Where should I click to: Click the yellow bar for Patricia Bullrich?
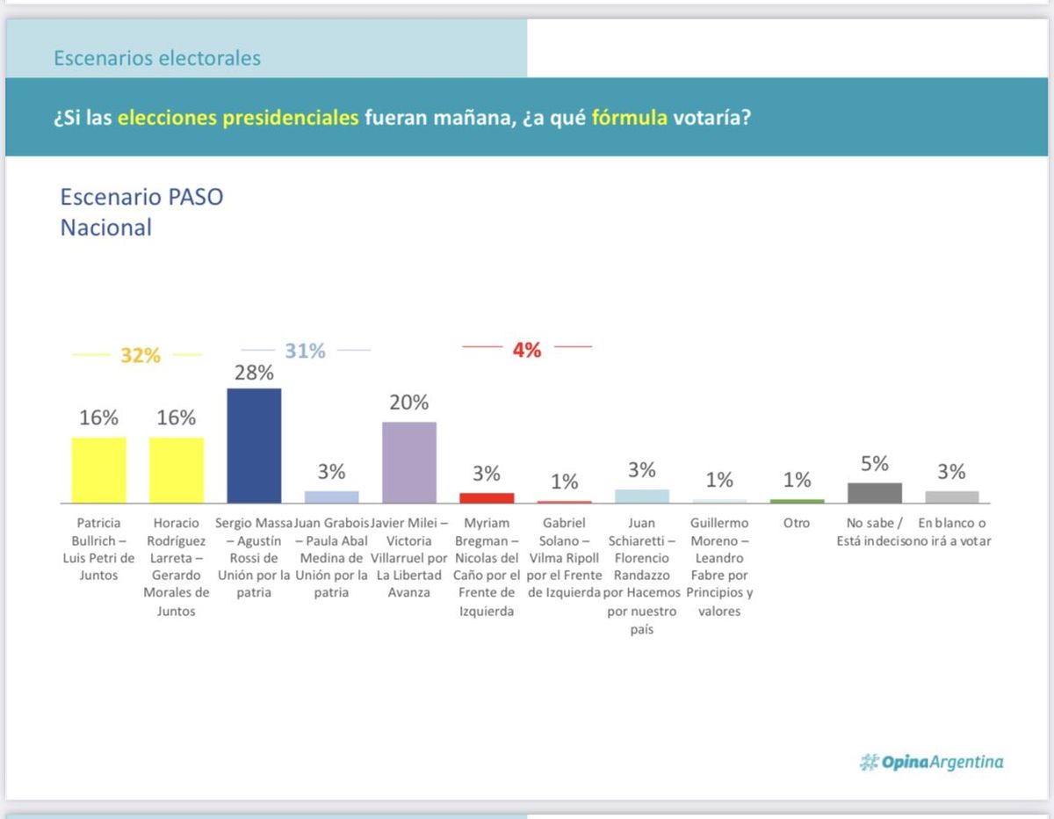coord(98,469)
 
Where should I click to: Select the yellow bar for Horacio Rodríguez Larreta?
coord(176,469)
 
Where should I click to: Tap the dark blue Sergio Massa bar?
coord(254,446)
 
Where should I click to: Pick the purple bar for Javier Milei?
coord(409,462)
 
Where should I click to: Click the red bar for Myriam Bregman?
coord(487,497)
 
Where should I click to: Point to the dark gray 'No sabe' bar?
coord(874,492)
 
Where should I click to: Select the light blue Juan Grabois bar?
coord(331,496)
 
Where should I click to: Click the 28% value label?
coord(254,373)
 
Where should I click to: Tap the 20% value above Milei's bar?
coord(409,402)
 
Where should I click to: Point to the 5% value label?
coord(874,464)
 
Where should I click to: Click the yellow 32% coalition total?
coord(141,356)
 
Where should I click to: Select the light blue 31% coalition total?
coord(305,351)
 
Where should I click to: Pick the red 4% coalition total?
coord(526,350)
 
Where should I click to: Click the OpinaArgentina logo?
coord(931,762)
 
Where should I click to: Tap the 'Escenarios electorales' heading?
coord(157,59)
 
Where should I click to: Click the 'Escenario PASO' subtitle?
coord(141,197)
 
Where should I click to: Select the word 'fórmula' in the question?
coord(629,117)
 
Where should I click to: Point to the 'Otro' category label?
coord(796,523)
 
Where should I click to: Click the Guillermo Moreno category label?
coord(719,567)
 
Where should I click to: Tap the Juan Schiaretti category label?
coord(641,576)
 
